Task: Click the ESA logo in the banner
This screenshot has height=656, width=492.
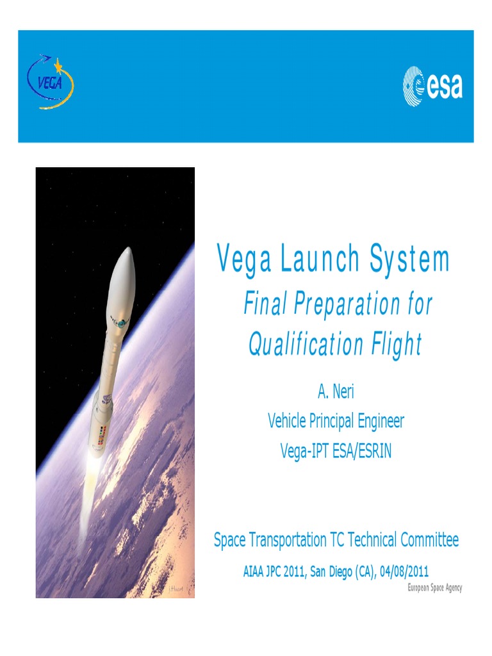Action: (x=432, y=86)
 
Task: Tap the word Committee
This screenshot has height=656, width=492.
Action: (x=430, y=540)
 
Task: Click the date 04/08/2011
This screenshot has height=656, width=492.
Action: (x=402, y=571)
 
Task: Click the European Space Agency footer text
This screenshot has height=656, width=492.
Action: (x=435, y=588)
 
